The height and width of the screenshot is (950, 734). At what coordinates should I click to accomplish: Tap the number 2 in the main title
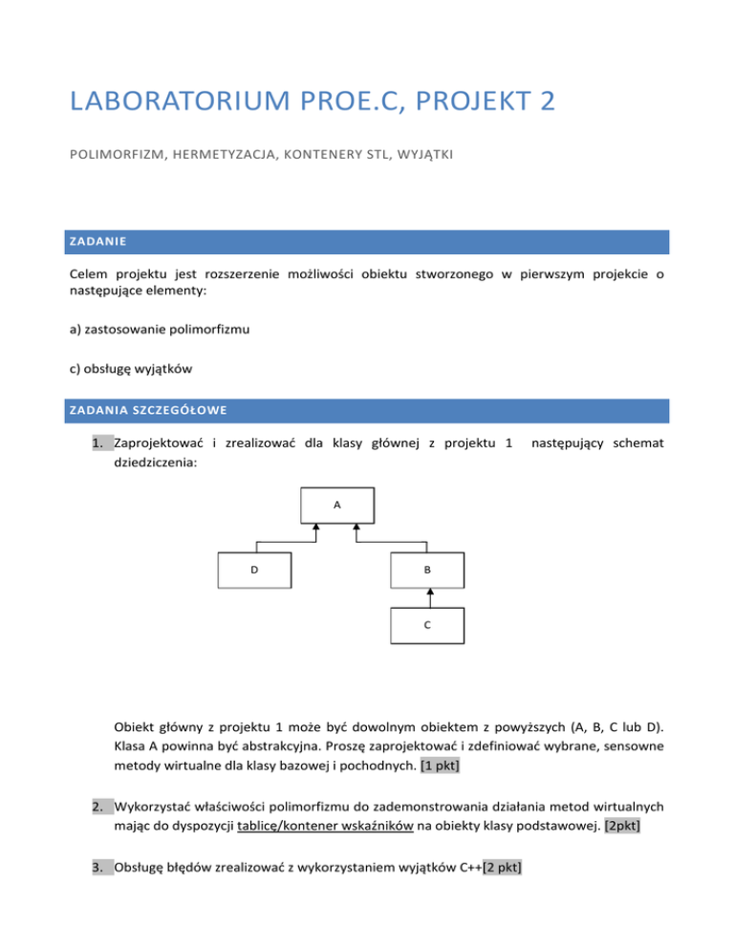[546, 99]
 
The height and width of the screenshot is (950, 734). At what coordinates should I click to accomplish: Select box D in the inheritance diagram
[253, 571]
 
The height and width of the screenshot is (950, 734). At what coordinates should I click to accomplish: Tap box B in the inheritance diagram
[427, 571]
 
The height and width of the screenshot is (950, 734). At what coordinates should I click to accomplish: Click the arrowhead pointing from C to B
[430, 592]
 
